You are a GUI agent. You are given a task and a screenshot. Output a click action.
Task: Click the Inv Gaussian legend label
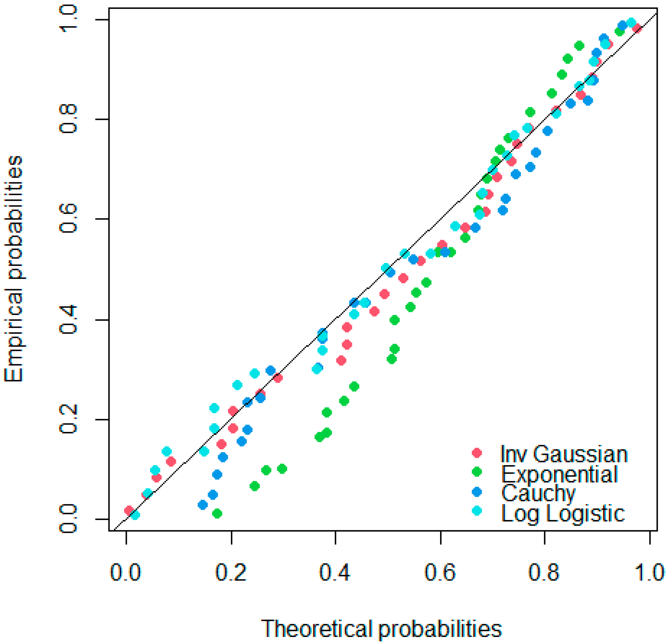(563, 454)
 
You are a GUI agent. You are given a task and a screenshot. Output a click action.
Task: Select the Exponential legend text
(559, 474)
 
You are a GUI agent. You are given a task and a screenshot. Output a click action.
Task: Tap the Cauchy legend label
(538, 493)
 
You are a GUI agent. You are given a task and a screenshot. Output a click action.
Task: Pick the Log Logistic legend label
(563, 513)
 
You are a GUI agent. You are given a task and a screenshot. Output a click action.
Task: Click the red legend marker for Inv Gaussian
(477, 453)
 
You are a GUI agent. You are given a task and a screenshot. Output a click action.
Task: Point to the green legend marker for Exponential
(477, 472)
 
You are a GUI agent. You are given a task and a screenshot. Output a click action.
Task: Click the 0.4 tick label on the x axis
(335, 573)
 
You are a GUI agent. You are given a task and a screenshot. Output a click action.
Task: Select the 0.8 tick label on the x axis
(544, 573)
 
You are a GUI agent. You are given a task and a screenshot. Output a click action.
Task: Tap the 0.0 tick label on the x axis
(125, 573)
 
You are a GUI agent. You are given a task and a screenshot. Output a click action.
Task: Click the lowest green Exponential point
(217, 513)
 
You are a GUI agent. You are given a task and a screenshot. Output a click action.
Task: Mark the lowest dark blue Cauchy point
(203, 505)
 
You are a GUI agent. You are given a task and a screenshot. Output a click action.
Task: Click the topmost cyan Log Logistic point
(631, 22)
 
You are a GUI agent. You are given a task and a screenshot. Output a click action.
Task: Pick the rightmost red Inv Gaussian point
(637, 28)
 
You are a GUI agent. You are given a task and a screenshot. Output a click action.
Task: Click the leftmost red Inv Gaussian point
(129, 510)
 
